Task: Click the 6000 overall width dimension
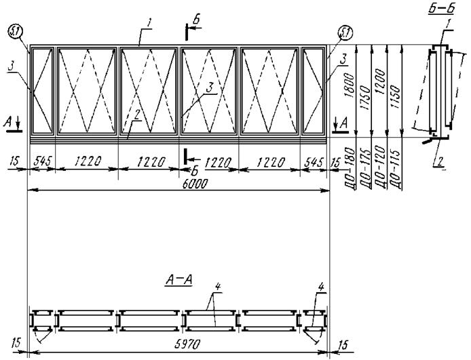point(195,184)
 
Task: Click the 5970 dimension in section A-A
point(187,344)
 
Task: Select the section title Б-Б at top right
point(441,9)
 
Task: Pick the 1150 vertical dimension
point(395,98)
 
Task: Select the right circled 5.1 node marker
point(345,33)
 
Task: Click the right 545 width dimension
point(314,162)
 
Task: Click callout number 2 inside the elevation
point(137,115)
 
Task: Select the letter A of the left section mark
point(9,123)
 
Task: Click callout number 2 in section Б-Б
point(440,162)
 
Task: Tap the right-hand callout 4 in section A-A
point(321,287)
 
